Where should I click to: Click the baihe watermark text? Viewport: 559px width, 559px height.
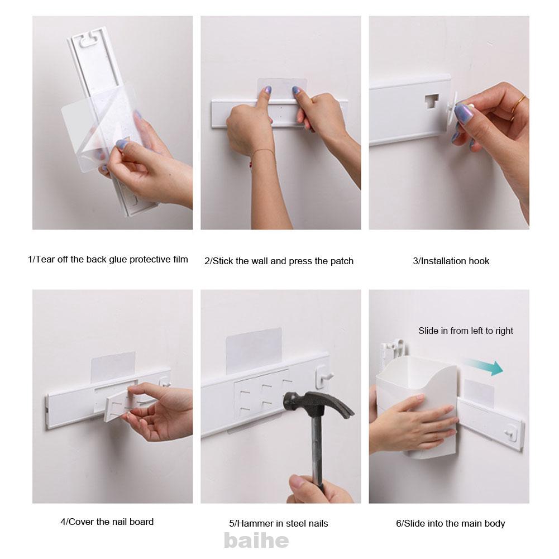[256, 541]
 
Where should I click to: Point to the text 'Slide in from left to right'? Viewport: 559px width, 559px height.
[466, 331]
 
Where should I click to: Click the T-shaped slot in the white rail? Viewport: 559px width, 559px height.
[432, 102]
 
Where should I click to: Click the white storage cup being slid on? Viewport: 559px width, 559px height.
[417, 407]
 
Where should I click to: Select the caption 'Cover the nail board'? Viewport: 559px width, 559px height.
[107, 522]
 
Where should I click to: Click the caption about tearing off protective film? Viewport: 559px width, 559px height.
[108, 259]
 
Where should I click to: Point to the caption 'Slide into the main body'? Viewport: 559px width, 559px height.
[450, 523]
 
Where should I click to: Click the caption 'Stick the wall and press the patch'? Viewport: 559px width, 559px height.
[279, 261]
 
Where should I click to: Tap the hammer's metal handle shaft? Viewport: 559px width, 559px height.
[317, 449]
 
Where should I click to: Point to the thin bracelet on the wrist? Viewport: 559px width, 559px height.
[262, 154]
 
